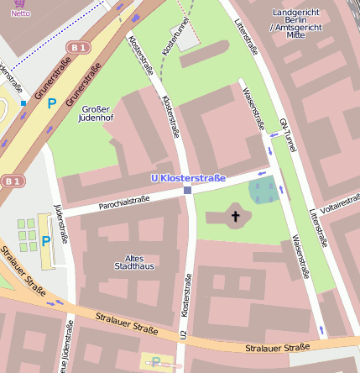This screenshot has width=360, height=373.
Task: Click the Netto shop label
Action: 20,13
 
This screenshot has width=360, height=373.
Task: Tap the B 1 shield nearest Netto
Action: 79,48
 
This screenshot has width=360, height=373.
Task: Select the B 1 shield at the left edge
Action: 11,181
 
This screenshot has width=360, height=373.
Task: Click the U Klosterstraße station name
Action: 188,178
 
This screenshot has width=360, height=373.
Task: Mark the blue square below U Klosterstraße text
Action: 187,191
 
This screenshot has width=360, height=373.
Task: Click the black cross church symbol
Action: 236,218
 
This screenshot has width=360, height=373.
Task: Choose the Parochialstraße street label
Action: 124,200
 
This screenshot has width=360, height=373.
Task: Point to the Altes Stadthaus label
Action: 133,262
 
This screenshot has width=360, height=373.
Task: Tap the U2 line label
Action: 184,334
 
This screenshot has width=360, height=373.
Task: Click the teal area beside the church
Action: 263,191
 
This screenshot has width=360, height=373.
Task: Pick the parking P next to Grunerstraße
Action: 51,103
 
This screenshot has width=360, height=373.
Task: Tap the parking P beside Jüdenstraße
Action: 45,240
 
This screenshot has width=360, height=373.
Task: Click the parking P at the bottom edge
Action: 156,363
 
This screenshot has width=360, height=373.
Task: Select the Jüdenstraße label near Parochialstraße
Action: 60,223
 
